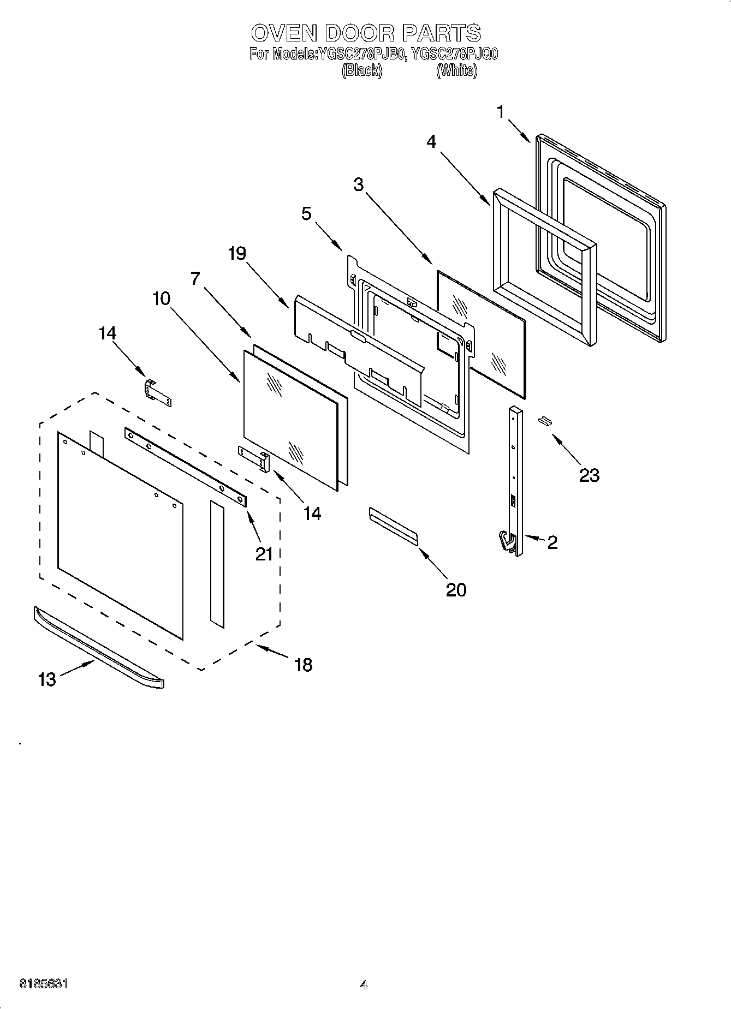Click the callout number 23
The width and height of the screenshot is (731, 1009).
(x=589, y=475)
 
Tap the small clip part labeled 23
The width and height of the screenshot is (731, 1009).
(x=544, y=420)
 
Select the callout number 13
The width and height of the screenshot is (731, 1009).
(x=47, y=679)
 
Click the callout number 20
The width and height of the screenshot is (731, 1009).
(x=456, y=589)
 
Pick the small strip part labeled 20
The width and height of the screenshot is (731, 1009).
(x=393, y=526)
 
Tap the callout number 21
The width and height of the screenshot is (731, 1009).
(x=264, y=554)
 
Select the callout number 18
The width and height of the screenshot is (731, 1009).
(x=303, y=664)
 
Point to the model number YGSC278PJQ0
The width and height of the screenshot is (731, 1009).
(x=454, y=54)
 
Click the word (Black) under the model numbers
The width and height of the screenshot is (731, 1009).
(x=361, y=71)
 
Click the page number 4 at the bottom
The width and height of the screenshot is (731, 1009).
(x=364, y=985)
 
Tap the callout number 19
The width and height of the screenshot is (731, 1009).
(x=237, y=253)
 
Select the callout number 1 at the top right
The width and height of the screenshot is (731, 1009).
(x=501, y=112)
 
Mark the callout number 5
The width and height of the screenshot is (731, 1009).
(x=306, y=213)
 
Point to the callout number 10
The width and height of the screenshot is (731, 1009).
(x=161, y=298)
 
